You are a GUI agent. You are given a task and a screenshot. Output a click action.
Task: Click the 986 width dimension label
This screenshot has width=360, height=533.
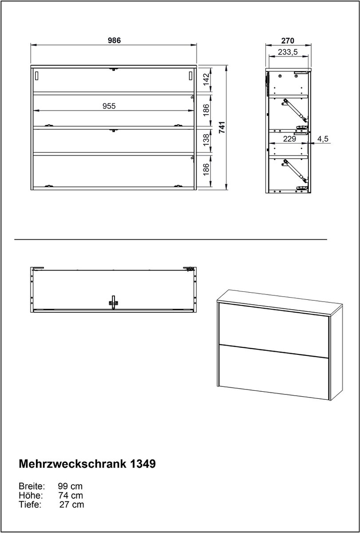[x=115, y=40]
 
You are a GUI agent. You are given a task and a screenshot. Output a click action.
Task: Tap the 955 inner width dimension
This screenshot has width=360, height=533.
[x=109, y=106]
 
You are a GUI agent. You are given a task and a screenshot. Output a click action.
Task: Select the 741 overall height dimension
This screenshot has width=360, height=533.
[x=222, y=127]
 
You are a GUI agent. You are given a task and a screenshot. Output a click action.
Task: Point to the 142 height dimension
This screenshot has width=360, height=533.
[x=206, y=80]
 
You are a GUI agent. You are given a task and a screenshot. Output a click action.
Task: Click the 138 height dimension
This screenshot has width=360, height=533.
[x=206, y=140]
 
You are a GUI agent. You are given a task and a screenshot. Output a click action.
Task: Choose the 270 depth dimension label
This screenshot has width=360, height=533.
[x=288, y=41]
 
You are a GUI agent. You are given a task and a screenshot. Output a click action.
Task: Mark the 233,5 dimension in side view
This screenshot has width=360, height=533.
[x=288, y=52]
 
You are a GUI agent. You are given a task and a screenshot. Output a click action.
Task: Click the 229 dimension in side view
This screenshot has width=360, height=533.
[x=289, y=139]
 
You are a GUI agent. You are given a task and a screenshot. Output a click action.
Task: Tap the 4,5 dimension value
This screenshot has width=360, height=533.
[x=323, y=139]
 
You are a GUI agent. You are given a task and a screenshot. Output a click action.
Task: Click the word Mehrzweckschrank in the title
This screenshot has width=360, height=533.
[x=72, y=464]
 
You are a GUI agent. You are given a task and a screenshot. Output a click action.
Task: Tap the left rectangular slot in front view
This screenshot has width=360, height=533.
[x=36, y=76]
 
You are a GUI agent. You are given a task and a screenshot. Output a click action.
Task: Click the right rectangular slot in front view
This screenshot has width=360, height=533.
[x=191, y=76]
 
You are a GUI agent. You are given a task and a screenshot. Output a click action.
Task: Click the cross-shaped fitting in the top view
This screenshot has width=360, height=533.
[x=114, y=302]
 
